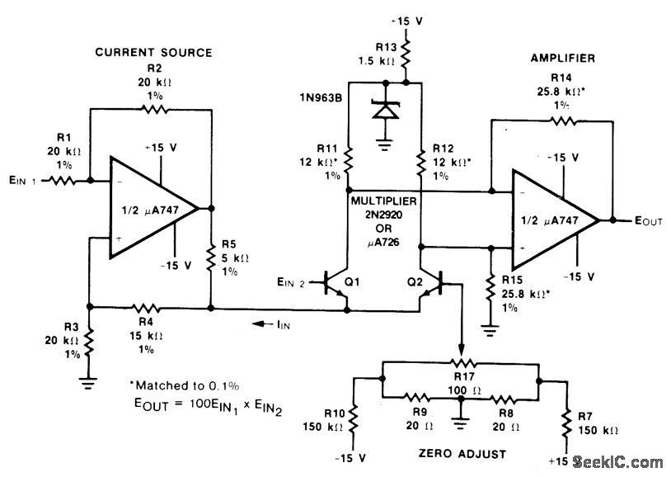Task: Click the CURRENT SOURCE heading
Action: click(x=153, y=52)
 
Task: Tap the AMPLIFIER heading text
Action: click(x=563, y=58)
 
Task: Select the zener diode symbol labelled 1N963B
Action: click(x=385, y=110)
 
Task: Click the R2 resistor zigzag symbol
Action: click(x=154, y=110)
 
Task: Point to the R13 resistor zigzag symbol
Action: click(x=405, y=54)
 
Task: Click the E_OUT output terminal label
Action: click(x=648, y=221)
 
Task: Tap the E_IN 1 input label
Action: click(x=23, y=181)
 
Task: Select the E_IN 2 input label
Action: click(x=290, y=282)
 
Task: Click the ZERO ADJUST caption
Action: click(x=462, y=454)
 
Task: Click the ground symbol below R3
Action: click(x=88, y=382)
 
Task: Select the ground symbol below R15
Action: click(x=490, y=330)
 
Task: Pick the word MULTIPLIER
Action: click(x=383, y=201)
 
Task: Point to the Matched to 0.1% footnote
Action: click(x=185, y=385)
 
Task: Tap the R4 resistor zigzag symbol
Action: click(x=146, y=308)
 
